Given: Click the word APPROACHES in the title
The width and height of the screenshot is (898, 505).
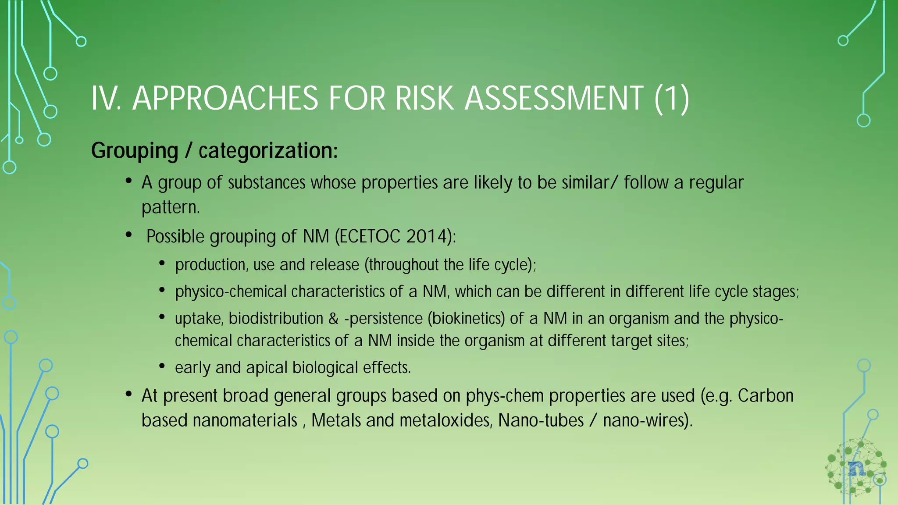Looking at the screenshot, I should click(225, 98).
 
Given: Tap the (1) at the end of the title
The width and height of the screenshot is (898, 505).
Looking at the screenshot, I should click(671, 98).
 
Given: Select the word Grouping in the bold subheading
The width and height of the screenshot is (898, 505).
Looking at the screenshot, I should click(134, 151).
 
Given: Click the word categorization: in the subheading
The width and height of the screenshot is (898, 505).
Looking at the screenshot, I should click(268, 151).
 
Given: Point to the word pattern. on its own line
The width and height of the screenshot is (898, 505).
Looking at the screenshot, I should click(171, 207).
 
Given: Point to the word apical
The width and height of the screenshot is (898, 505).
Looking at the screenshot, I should click(267, 368).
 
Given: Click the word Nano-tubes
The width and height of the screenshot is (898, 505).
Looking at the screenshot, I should click(541, 420).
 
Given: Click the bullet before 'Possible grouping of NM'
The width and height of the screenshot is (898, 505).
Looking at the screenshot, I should click(128, 235).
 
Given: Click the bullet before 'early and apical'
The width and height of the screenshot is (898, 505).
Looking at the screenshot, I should click(162, 366).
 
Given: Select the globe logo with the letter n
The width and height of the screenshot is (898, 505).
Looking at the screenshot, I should click(855, 468).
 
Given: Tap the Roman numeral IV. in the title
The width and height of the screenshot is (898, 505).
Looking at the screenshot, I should click(106, 98).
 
